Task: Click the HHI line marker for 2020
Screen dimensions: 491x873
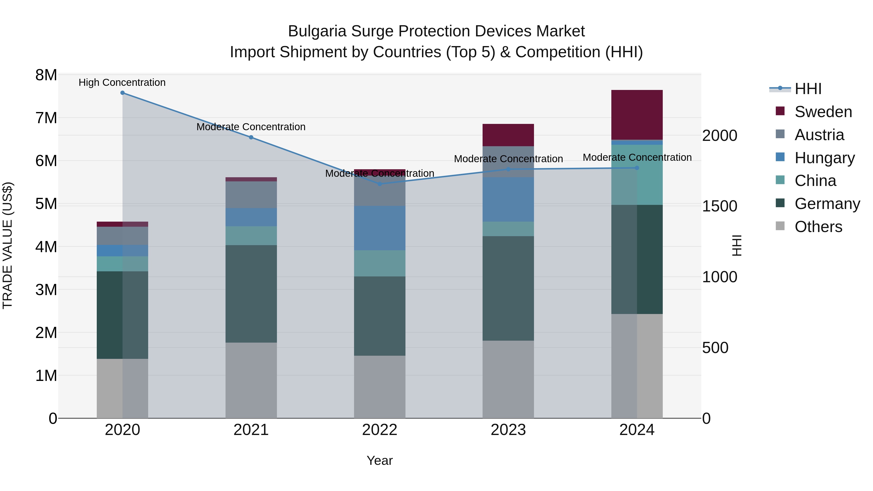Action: [122, 93]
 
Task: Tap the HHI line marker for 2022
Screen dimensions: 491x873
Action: [380, 184]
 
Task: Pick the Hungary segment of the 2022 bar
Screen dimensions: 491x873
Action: [380, 228]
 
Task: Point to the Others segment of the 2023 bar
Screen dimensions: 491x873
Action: [508, 379]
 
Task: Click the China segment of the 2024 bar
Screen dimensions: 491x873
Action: [637, 175]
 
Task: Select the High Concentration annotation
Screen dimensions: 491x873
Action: [122, 82]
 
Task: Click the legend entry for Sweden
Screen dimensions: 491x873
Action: [823, 112]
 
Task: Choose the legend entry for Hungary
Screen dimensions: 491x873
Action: [824, 158]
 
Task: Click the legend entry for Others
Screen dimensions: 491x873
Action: [818, 227]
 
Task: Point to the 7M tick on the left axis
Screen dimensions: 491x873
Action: [46, 118]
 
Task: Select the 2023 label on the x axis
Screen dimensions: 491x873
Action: [508, 430]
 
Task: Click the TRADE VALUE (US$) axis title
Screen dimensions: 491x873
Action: [8, 245]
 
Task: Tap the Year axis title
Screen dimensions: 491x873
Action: [380, 460]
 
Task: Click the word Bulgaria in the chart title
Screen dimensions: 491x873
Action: [317, 31]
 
